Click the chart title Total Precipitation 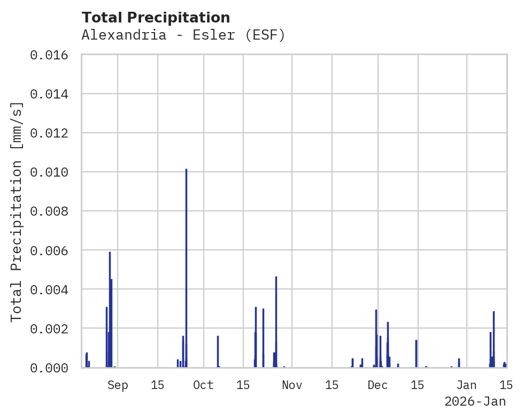[x=156, y=18]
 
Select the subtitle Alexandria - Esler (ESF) [x=183, y=35]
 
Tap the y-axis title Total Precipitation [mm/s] [x=17, y=211]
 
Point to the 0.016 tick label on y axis [x=49, y=55]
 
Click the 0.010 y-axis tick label [x=49, y=172]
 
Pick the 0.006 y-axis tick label [x=49, y=250]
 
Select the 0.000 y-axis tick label [x=49, y=368]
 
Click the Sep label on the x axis [x=118, y=385]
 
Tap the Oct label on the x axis [x=203, y=385]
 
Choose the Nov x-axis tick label [x=292, y=385]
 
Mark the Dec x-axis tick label [x=377, y=385]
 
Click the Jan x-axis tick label [x=467, y=385]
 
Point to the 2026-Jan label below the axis [x=475, y=401]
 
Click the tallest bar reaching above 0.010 [x=186, y=268]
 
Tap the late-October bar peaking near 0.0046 [x=276, y=321]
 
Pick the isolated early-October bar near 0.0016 [x=218, y=351]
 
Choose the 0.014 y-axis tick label [x=49, y=94]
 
